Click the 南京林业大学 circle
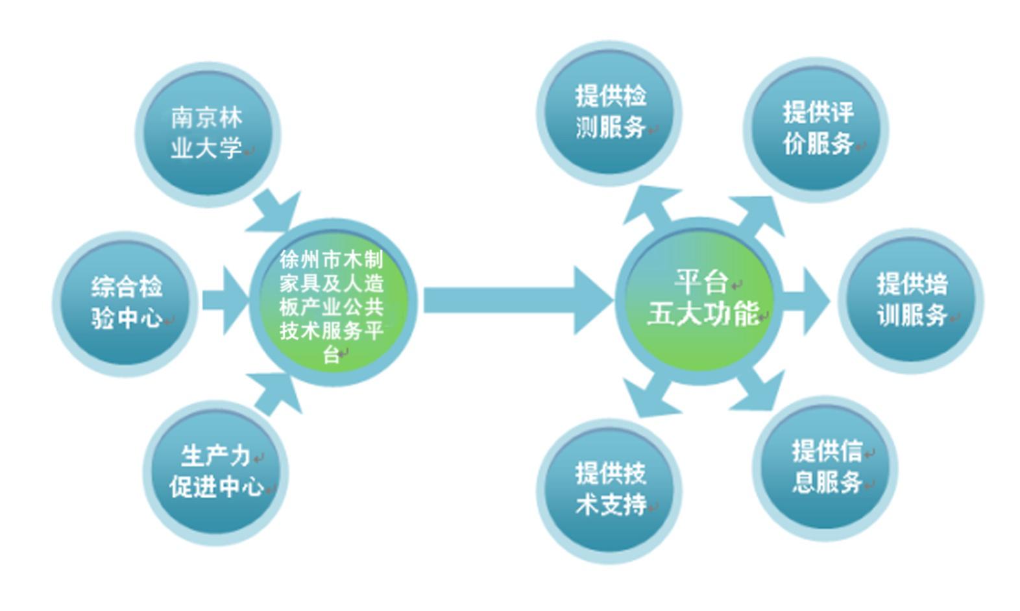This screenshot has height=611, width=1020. pyautogui.click(x=208, y=134)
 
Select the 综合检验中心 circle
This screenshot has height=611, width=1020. pyautogui.click(x=126, y=304)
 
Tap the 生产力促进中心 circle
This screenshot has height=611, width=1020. pyautogui.click(x=216, y=473)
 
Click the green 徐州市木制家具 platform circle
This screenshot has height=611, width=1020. pyautogui.click(x=333, y=303)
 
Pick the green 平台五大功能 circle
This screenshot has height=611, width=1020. pyautogui.click(x=700, y=301)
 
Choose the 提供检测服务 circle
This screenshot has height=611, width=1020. pyautogui.click(x=609, y=114)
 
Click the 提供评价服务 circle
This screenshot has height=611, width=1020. pyautogui.click(x=816, y=130)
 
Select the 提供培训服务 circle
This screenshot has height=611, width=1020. pyautogui.click(x=911, y=301)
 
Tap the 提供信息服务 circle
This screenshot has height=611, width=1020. pyautogui.click(x=825, y=468)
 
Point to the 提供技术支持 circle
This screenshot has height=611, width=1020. pyautogui.click(x=609, y=491)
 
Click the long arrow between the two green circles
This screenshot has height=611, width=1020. pyautogui.click(x=518, y=300)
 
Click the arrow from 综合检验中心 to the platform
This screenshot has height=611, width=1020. pyautogui.click(x=226, y=300)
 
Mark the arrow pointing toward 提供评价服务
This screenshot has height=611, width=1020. pyautogui.click(x=758, y=216)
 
